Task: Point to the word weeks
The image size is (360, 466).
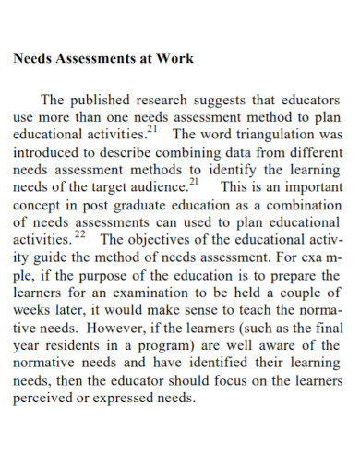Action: click(33, 310)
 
